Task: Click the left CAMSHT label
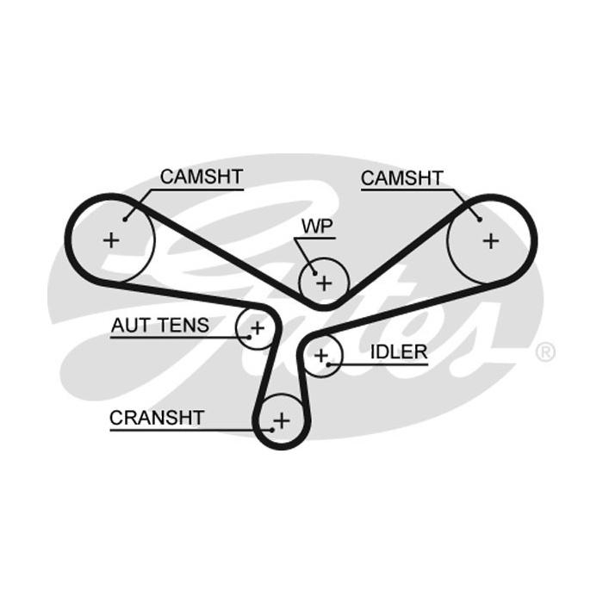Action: click(202, 177)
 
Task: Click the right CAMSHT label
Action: click(402, 178)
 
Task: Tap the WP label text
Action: click(317, 227)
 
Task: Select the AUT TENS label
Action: click(160, 326)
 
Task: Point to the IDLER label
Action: click(399, 351)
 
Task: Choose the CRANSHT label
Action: click(157, 418)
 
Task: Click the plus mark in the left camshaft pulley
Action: click(111, 240)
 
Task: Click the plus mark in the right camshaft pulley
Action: click(491, 241)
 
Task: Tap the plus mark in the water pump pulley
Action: click(324, 283)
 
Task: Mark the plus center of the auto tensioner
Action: click(258, 328)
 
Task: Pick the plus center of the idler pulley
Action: click(321, 356)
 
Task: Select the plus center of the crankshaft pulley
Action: click(282, 420)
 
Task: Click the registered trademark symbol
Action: click(545, 351)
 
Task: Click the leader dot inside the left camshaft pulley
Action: click(125, 220)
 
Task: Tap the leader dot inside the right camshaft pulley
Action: click(480, 220)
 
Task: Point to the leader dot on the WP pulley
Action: click(314, 273)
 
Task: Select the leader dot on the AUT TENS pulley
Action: click(249, 338)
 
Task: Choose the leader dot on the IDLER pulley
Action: click(328, 364)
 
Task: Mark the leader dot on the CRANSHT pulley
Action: click(272, 430)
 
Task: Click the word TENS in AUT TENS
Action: click(183, 326)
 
